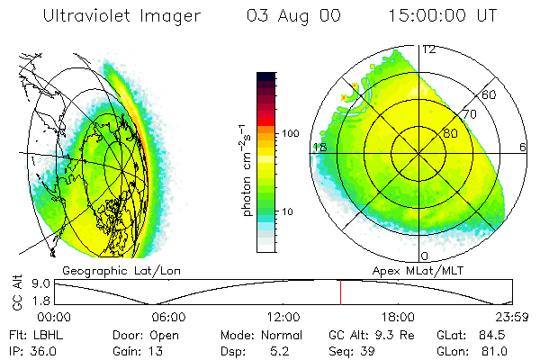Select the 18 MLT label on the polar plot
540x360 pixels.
pos(319,147)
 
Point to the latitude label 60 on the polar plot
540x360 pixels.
pos(490,94)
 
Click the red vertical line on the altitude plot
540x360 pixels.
pos(340,292)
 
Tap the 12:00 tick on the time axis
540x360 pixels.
pos(283,317)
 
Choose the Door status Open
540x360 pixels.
pos(165,334)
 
